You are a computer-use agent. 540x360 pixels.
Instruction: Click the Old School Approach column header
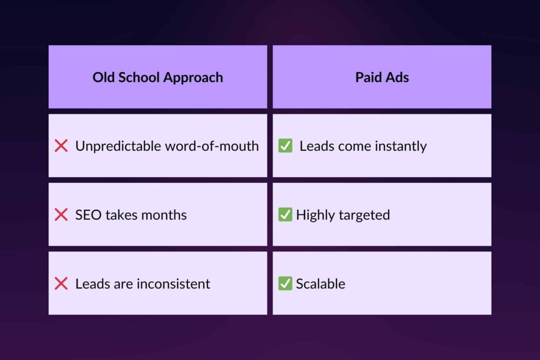(158, 77)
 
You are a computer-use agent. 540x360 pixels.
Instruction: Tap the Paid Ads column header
(382, 77)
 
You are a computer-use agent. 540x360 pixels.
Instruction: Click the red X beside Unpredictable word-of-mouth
(61, 145)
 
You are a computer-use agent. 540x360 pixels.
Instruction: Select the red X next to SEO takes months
(61, 215)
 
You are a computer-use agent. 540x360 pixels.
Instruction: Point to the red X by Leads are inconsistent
(61, 283)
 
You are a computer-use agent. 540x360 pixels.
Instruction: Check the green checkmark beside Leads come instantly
(285, 145)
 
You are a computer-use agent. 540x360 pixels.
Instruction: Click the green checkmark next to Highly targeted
(285, 214)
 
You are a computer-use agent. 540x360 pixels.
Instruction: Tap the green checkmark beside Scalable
(285, 283)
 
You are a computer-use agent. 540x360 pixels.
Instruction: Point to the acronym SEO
(88, 215)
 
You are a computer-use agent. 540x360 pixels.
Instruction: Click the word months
(164, 215)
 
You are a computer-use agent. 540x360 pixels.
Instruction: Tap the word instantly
(401, 147)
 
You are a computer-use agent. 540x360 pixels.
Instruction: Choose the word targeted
(364, 216)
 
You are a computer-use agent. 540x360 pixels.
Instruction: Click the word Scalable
(321, 284)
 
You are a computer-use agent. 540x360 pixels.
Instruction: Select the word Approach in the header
(193, 78)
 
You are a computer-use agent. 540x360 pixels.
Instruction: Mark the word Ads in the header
(398, 77)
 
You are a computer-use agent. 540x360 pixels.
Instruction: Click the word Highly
(315, 216)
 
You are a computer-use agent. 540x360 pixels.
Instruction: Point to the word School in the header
(139, 77)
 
